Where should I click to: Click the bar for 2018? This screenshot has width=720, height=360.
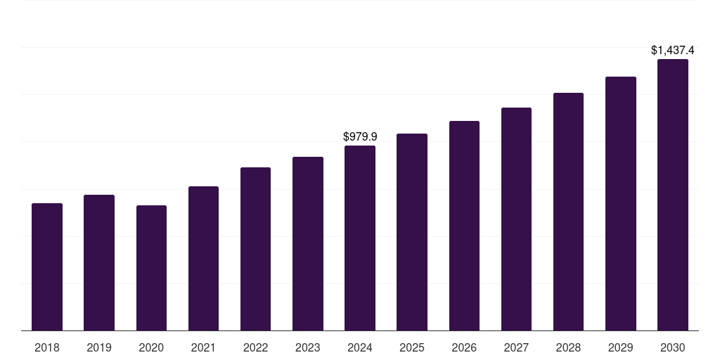point(47,267)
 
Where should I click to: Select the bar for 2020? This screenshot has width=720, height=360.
point(151,268)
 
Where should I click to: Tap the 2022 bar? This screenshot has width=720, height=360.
point(255,249)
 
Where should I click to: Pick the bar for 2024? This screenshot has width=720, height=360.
point(360,238)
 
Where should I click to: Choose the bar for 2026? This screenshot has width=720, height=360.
point(464,226)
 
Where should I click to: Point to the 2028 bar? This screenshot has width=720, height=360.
point(568,212)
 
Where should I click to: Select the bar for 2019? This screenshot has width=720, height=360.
point(99,263)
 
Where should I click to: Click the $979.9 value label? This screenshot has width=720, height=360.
point(360,136)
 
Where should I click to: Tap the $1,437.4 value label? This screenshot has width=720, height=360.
point(673,50)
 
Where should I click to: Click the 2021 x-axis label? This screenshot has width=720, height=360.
point(203,347)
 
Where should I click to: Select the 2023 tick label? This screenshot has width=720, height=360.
point(307,347)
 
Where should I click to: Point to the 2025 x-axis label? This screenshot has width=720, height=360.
point(412,347)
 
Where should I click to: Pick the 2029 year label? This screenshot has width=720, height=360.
point(621,347)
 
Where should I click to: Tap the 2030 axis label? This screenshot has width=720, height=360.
point(673,347)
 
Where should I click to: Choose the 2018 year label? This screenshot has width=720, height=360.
point(47,347)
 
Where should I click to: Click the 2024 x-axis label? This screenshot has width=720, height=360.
point(360,347)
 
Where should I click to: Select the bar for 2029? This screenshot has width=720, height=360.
point(621,204)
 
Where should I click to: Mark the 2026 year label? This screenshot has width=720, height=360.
point(464,347)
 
